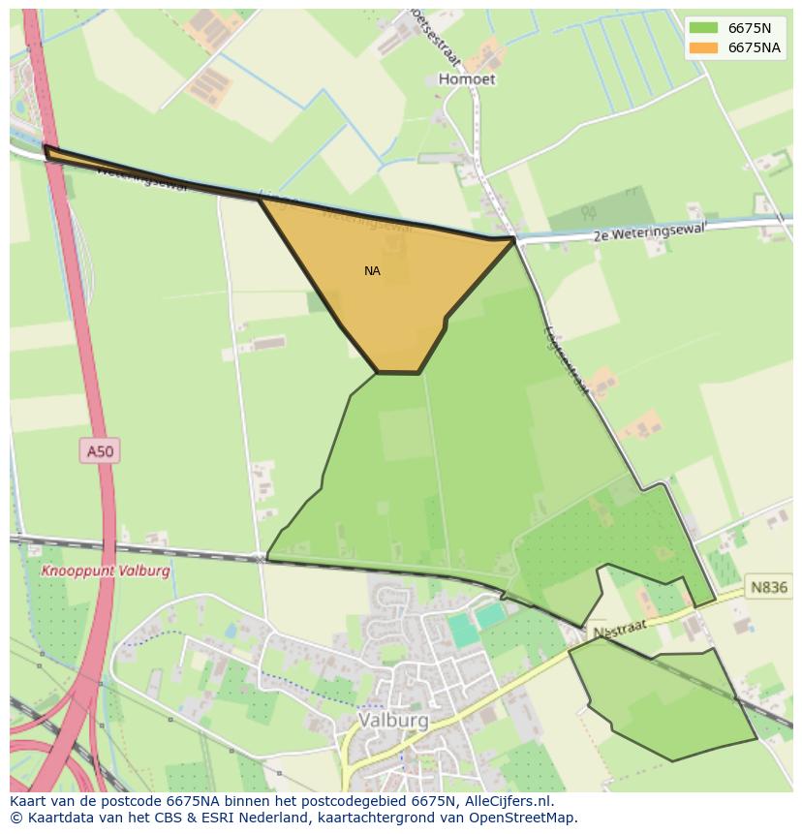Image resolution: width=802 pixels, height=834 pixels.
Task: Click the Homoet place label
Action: click(x=467, y=79)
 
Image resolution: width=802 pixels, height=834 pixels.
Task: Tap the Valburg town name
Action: click(x=393, y=721)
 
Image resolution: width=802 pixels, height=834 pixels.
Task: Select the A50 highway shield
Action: click(x=100, y=450)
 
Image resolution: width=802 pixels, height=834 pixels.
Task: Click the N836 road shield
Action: click(x=770, y=587)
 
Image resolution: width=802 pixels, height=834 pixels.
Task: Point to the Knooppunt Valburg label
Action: click(x=106, y=571)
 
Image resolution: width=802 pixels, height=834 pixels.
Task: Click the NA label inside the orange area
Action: click(x=372, y=271)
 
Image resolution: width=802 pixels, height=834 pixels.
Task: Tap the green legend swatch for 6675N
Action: click(x=703, y=28)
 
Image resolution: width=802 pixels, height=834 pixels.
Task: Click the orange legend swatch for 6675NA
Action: click(x=703, y=47)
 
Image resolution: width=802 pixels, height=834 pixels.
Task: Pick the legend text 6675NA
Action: click(x=755, y=47)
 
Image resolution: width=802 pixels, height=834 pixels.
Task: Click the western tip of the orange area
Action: click(x=46, y=149)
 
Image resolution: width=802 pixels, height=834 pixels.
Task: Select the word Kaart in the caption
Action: click(x=30, y=801)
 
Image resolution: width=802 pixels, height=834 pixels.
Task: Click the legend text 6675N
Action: click(x=750, y=28)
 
